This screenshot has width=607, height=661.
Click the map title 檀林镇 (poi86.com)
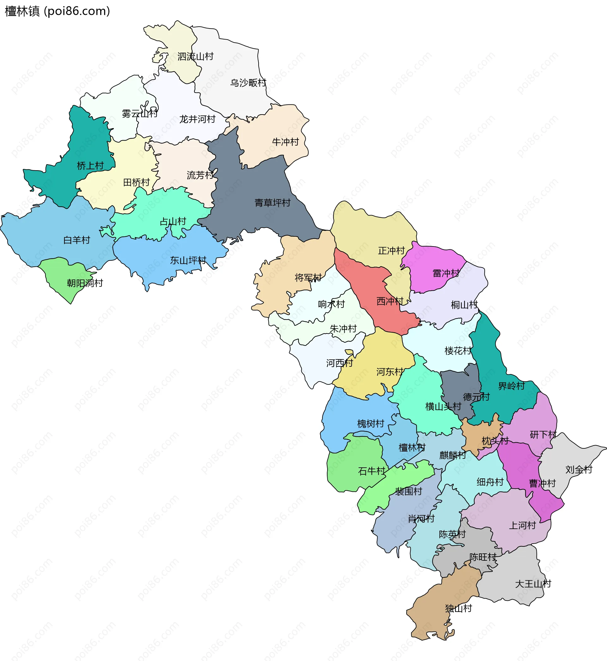point(57,11)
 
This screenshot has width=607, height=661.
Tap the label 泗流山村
point(195,57)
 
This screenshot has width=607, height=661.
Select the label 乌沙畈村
point(248,83)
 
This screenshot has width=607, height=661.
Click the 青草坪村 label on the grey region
point(272,203)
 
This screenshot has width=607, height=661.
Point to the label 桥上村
point(90,166)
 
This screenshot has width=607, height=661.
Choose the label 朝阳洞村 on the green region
point(85,283)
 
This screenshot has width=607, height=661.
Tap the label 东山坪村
point(188,260)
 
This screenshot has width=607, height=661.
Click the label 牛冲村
point(285,142)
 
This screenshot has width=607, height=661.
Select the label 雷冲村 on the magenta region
point(446,273)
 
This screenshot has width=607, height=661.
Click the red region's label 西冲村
point(389,301)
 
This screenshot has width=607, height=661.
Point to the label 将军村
point(308,278)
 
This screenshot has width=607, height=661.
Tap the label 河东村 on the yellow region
point(389,372)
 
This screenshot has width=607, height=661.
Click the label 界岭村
point(512,386)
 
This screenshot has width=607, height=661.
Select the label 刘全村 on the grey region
point(579,470)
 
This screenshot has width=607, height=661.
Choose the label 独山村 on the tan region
point(458,608)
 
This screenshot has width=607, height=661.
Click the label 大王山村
point(533,584)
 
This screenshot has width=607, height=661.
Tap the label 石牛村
point(371,471)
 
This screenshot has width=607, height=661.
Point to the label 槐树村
point(371,423)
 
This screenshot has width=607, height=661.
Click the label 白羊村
point(77,240)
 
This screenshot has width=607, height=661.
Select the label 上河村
point(522,525)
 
